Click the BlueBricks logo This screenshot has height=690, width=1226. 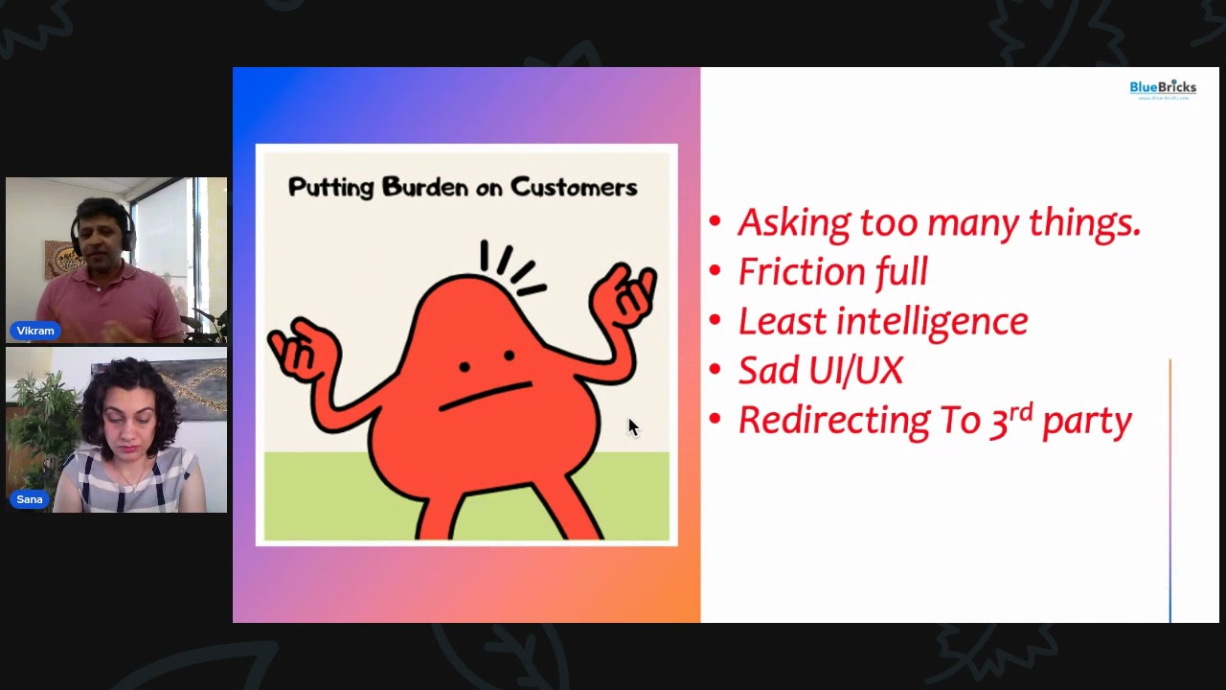pyautogui.click(x=1162, y=89)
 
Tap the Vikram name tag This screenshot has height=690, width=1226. pyautogui.click(x=35, y=331)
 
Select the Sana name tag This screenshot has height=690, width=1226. pyautogui.click(x=30, y=499)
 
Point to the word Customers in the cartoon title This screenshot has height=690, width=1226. pyautogui.click(x=574, y=187)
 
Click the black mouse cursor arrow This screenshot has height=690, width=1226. pyautogui.click(x=632, y=426)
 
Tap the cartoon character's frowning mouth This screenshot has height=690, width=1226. pyautogui.click(x=485, y=396)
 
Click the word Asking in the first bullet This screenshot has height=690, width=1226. pyautogui.click(x=794, y=222)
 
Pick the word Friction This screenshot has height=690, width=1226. pyautogui.click(x=800, y=272)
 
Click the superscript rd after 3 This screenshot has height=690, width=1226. pyautogui.click(x=1022, y=410)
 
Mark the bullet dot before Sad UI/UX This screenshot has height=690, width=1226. pyautogui.click(x=715, y=371)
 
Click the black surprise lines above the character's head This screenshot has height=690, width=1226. pyautogui.click(x=512, y=266)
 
